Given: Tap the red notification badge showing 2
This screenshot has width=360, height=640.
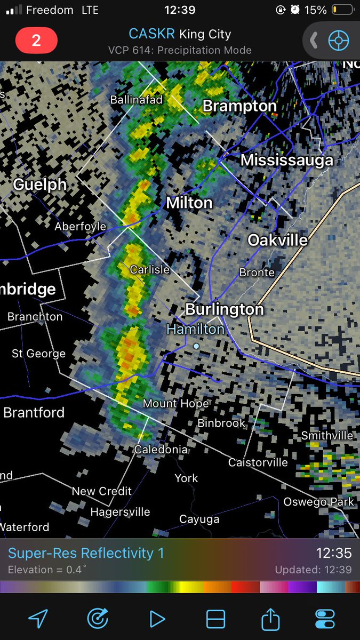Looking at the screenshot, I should pyautogui.click(x=36, y=41).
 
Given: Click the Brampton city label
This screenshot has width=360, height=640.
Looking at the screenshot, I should pyautogui.click(x=239, y=106).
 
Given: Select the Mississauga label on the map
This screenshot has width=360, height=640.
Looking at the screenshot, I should pyautogui.click(x=287, y=160).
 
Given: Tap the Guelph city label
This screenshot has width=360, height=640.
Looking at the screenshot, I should pyautogui.click(x=40, y=185).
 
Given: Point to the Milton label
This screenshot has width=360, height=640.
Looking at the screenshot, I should pyautogui.click(x=189, y=203).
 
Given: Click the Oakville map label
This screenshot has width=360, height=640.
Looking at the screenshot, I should pyautogui.click(x=278, y=241).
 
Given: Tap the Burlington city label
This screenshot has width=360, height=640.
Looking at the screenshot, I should pyautogui.click(x=225, y=309).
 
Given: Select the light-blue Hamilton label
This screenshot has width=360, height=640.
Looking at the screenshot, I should pyautogui.click(x=196, y=330).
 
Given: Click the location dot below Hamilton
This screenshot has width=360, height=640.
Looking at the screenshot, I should pyautogui.click(x=196, y=346).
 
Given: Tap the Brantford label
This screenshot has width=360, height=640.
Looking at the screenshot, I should pyautogui.click(x=34, y=412).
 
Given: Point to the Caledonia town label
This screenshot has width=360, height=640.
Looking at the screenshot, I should pyautogui.click(x=161, y=450).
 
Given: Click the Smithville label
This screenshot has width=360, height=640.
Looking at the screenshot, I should pyautogui.click(x=327, y=436).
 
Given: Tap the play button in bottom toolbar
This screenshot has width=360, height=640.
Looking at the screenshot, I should pyautogui.click(x=157, y=619).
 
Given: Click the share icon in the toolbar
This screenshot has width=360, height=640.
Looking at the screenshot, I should pyautogui.click(x=270, y=619).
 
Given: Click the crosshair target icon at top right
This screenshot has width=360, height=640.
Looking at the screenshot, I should pyautogui.click(x=338, y=41).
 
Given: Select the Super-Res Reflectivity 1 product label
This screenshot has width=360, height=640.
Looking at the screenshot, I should pyautogui.click(x=86, y=554).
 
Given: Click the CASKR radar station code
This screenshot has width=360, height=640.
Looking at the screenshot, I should pyautogui.click(x=151, y=34).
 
